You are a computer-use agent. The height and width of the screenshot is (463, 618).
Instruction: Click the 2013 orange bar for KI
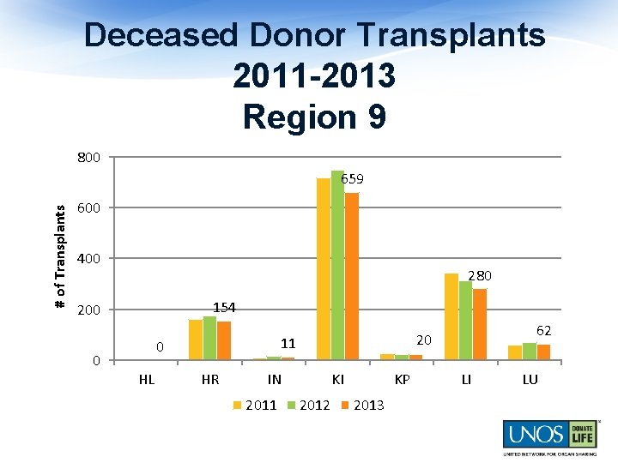click(352, 276)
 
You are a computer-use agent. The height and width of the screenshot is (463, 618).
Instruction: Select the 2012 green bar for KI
click(337, 265)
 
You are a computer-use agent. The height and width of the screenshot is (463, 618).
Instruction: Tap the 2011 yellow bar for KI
click(324, 269)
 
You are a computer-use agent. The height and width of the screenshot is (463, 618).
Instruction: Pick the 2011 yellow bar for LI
click(451, 316)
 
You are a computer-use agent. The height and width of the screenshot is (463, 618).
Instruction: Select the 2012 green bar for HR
click(209, 338)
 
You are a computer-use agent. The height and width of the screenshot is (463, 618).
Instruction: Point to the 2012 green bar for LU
click(530, 352)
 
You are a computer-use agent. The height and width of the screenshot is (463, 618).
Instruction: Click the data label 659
click(352, 180)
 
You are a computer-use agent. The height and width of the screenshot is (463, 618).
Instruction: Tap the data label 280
click(480, 276)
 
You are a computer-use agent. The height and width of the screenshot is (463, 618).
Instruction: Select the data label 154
click(224, 307)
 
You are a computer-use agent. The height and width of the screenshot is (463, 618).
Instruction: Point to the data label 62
click(543, 330)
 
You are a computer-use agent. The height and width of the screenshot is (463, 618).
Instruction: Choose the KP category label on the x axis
click(402, 380)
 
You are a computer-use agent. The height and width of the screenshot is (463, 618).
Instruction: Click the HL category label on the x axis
click(147, 380)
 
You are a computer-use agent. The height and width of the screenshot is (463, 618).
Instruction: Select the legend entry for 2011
click(255, 405)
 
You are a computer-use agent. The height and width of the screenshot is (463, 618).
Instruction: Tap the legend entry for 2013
click(362, 405)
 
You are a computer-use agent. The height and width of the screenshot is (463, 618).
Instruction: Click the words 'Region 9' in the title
click(314, 117)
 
